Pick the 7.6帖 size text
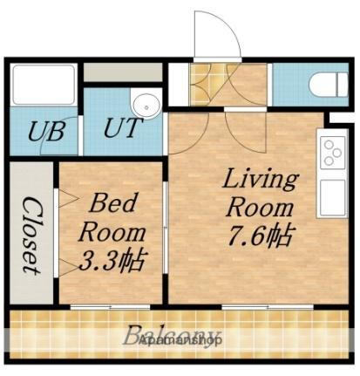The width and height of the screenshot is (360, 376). tap(260, 235)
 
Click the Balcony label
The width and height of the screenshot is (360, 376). tap(171, 335)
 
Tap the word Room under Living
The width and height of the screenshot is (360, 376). tap(260, 208)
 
